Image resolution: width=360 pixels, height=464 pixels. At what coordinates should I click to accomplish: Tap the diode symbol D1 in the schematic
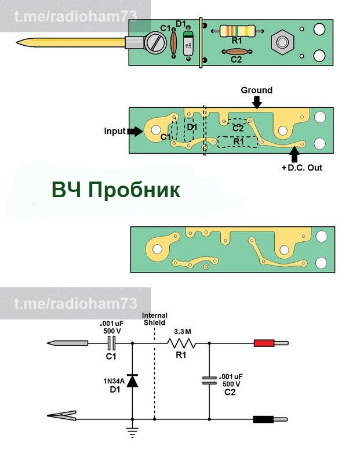click(x=133, y=381)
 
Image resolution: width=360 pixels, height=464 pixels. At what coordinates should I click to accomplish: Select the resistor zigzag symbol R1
click(x=182, y=343)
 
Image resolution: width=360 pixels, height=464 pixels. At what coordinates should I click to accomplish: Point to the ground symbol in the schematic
click(x=133, y=431)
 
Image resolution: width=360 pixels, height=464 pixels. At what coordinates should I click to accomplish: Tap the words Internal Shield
click(x=154, y=319)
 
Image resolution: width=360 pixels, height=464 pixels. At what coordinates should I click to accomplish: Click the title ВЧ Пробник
click(x=115, y=190)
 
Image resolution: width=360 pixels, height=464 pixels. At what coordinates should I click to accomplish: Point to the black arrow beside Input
click(x=134, y=131)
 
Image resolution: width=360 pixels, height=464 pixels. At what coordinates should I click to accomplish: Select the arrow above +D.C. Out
click(x=294, y=155)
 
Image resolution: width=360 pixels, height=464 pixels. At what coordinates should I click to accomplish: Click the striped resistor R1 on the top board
click(x=237, y=31)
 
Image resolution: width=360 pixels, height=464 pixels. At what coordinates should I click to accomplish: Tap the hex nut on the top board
click(x=282, y=42)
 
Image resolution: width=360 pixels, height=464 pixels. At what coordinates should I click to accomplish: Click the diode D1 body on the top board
click(x=188, y=44)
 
